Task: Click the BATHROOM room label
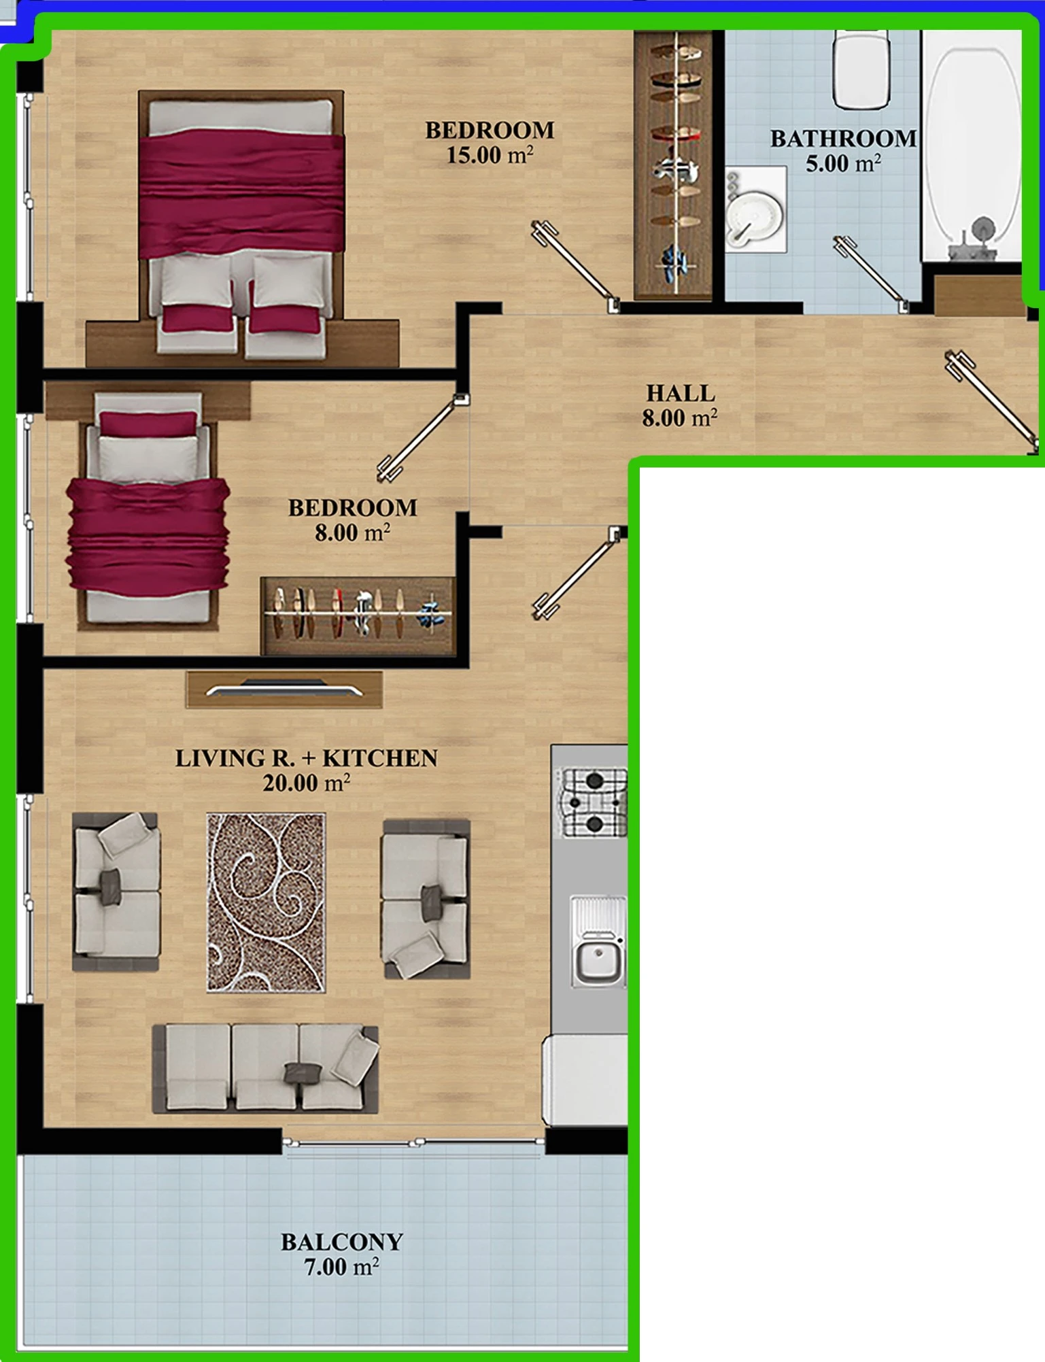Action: click(x=843, y=139)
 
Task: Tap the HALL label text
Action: click(x=681, y=393)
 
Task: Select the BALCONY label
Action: click(x=342, y=1242)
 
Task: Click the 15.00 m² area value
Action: click(x=490, y=154)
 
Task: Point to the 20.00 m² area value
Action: click(x=307, y=783)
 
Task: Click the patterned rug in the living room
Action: click(x=266, y=902)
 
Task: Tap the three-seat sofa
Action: click(x=265, y=1068)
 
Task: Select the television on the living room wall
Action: click(x=284, y=689)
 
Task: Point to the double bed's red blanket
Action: click(x=241, y=194)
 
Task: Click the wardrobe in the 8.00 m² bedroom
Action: click(x=358, y=616)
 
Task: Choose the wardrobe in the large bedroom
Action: click(x=673, y=165)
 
